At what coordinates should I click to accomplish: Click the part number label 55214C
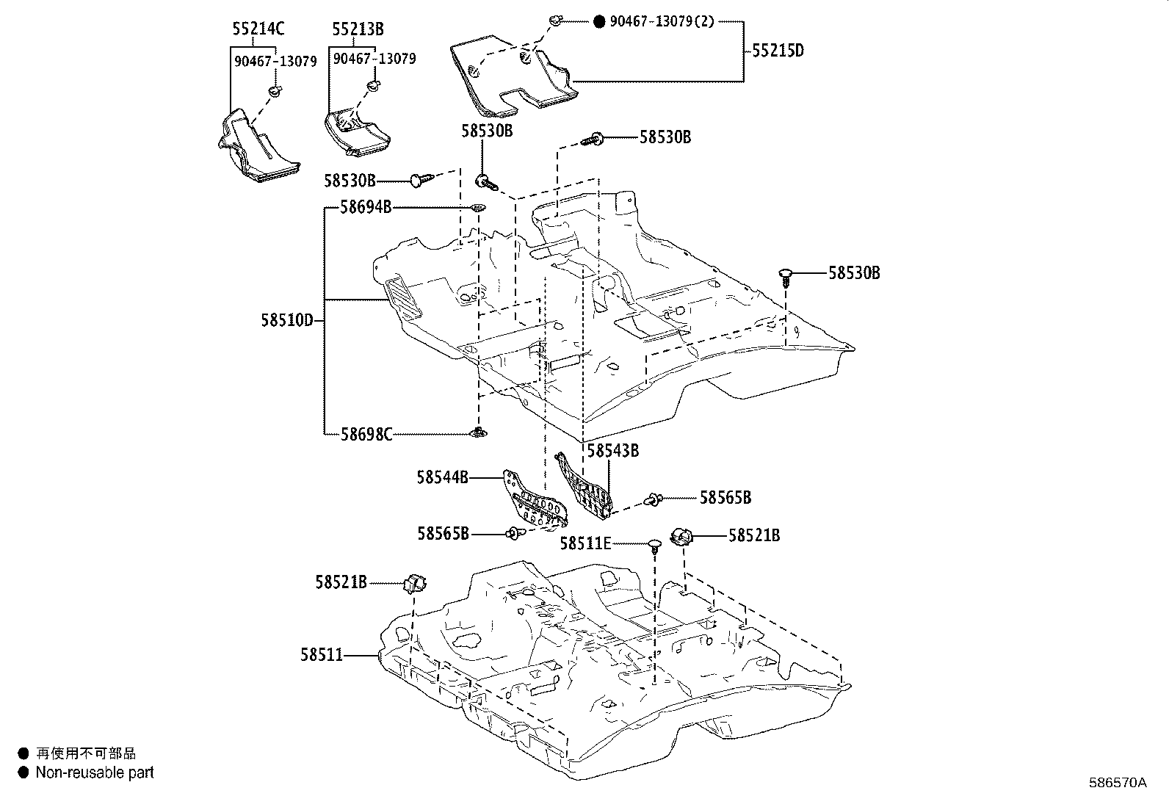[258, 29]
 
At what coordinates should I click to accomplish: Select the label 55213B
[358, 29]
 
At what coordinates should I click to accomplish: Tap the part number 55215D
[778, 51]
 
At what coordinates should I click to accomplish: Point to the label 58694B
[365, 207]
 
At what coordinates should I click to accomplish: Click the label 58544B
[442, 477]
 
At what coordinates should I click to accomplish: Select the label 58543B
[612, 451]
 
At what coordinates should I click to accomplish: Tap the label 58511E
[585, 543]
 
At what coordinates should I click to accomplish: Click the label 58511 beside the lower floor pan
[321, 654]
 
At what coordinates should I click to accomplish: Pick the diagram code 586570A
[1117, 782]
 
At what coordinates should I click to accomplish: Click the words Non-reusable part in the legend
[95, 772]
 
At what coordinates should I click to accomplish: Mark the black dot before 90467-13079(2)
[598, 22]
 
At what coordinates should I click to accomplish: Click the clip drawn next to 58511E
[653, 546]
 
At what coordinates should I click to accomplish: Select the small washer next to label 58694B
[477, 209]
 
